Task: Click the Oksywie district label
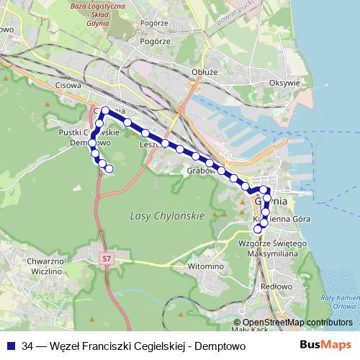click(284, 83)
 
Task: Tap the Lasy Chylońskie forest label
click(166, 216)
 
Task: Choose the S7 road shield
click(107, 257)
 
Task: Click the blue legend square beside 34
click(11, 346)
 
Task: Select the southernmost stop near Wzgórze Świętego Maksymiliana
click(258, 229)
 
